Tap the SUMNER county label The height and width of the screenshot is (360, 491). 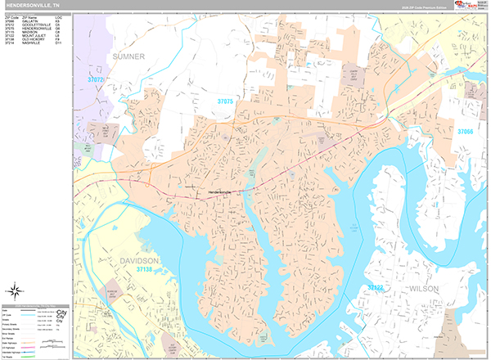(x=125, y=56)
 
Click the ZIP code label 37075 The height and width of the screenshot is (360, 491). (x=225, y=101)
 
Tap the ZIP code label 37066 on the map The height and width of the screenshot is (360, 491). (x=465, y=131)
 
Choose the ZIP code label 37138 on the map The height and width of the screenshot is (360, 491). (x=145, y=268)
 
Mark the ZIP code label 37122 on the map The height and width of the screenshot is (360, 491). (x=375, y=288)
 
